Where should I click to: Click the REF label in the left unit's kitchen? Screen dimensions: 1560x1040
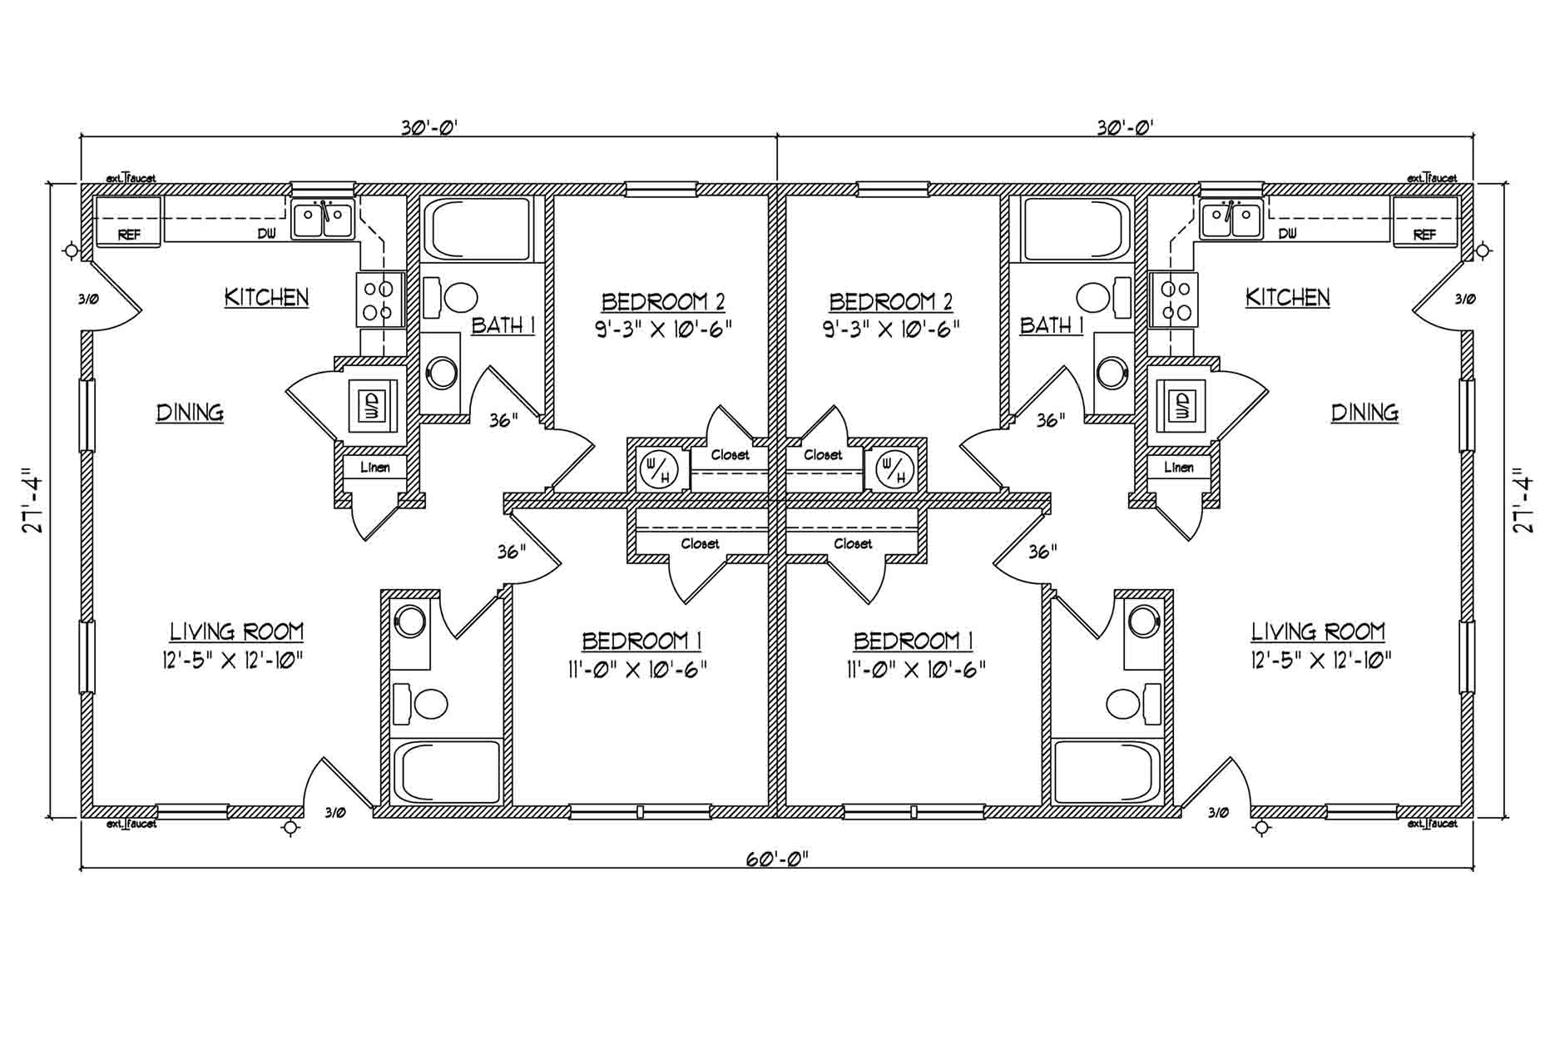[x=129, y=235]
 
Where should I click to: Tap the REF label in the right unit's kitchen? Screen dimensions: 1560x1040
[x=1425, y=235]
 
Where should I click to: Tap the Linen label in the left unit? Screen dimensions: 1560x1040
[x=375, y=468]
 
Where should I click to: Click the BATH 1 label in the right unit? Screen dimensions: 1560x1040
[x=1052, y=325]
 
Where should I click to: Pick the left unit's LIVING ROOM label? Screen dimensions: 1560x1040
[x=237, y=632]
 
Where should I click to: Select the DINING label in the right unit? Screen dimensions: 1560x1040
[x=1364, y=413]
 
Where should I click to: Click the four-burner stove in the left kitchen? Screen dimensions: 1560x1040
[x=379, y=300]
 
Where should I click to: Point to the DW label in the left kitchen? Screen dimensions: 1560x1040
[x=266, y=235]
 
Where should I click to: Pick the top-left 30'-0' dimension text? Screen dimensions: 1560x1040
[x=430, y=127]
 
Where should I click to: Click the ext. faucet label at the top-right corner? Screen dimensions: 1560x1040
[x=1432, y=178]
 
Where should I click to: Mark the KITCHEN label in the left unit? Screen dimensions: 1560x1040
[x=267, y=298]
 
